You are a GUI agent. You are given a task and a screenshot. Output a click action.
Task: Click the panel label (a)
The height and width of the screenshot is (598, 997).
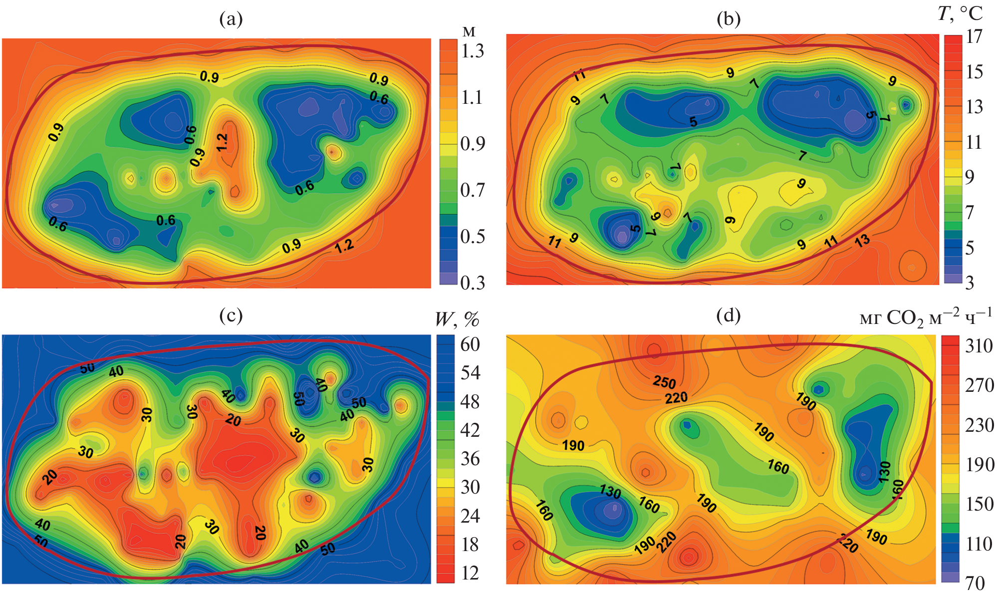[x=231, y=19]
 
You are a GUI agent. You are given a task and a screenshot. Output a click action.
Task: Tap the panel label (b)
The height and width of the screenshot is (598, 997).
[x=728, y=19]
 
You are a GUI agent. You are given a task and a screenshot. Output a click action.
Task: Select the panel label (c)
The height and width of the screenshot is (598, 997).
[x=231, y=315]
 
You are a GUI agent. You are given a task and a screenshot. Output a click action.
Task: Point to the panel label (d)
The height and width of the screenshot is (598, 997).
[x=728, y=315]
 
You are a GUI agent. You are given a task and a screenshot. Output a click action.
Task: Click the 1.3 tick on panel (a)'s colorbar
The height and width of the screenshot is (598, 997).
[x=472, y=51]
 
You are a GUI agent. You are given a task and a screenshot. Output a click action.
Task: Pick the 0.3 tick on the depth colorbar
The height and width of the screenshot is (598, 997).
[x=472, y=283]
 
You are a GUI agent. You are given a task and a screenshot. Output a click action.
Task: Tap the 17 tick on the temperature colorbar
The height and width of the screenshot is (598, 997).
[x=974, y=36]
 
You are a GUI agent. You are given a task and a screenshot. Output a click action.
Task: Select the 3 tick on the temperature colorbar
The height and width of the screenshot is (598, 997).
[x=970, y=283]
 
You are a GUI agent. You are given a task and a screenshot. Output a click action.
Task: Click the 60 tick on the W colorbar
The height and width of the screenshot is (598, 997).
[x=470, y=344]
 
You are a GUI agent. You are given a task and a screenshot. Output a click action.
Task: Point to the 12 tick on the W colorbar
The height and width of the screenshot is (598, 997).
[x=470, y=573]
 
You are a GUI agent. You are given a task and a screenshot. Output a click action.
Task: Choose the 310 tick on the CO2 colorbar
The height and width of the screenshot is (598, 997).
[x=979, y=345]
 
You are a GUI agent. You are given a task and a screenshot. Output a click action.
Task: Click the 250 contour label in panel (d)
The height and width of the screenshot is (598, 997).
[x=664, y=382]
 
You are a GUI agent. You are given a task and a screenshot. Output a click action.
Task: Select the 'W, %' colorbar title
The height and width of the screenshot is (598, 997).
[x=457, y=318]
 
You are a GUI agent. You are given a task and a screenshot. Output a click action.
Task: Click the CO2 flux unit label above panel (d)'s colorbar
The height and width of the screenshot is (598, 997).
[x=926, y=317]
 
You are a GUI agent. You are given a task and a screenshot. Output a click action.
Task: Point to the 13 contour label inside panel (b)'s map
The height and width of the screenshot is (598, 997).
[x=862, y=240]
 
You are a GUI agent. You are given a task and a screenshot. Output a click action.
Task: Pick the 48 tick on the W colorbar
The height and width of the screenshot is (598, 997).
[x=470, y=401]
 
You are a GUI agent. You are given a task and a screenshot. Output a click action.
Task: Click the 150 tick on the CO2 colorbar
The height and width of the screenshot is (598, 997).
[x=979, y=504]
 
